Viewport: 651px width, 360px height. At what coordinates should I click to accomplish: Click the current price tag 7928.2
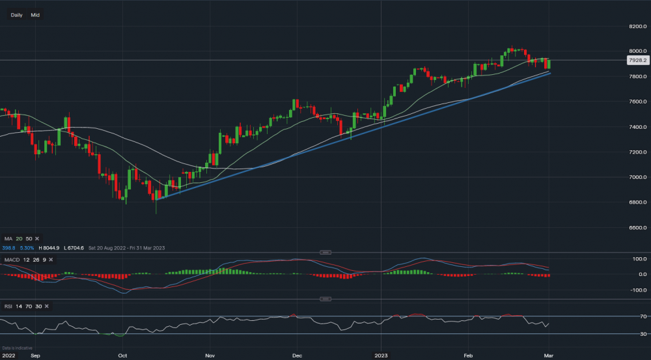click(x=635, y=60)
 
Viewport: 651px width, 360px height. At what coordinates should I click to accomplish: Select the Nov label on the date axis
click(x=210, y=356)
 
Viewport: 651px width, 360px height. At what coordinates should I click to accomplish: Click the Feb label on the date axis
click(x=467, y=356)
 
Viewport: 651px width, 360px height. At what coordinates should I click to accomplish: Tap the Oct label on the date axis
click(x=122, y=356)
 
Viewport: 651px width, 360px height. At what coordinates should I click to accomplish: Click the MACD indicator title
click(x=11, y=260)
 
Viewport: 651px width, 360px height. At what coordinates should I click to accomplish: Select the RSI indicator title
click(x=8, y=305)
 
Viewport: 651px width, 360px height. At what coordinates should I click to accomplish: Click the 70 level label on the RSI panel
click(x=642, y=317)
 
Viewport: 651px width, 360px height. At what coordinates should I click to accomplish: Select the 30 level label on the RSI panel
click(x=642, y=334)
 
